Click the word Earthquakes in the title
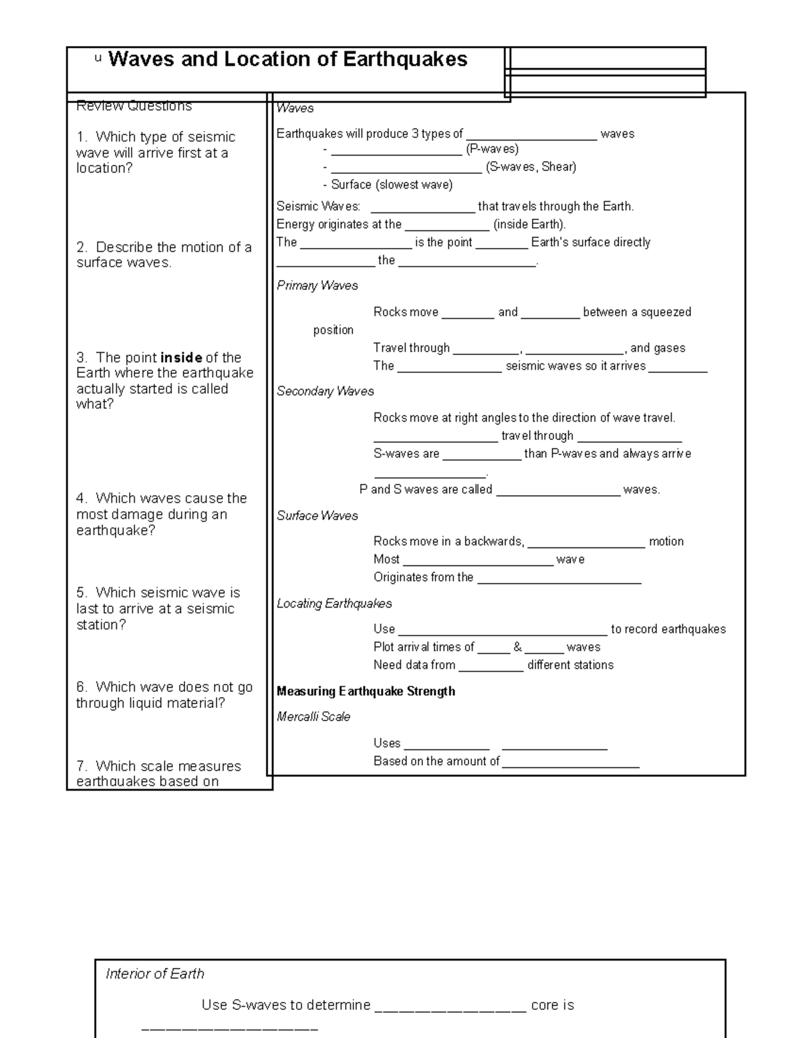click(x=405, y=59)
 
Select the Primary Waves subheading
click(x=317, y=285)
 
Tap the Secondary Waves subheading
click(x=325, y=391)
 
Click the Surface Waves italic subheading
click(x=317, y=515)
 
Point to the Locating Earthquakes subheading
click(x=334, y=604)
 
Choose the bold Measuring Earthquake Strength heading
click(x=366, y=691)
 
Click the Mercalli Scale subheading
click(x=313, y=717)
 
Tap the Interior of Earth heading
click(x=154, y=974)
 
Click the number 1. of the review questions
click(x=82, y=137)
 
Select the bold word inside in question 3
click(x=181, y=358)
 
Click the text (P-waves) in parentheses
click(x=492, y=149)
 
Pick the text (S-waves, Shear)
click(x=531, y=167)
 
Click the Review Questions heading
click(x=134, y=106)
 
